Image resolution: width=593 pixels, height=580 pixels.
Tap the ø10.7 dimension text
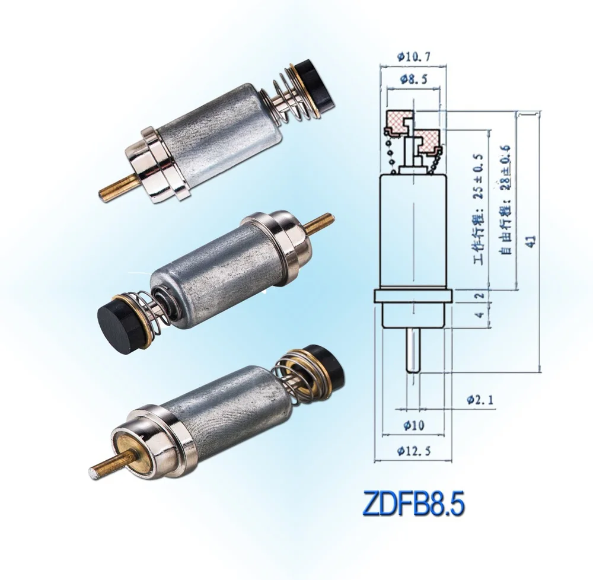click(x=413, y=57)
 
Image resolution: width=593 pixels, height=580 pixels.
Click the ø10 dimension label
click(x=413, y=425)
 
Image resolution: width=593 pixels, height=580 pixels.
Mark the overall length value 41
click(x=532, y=240)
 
